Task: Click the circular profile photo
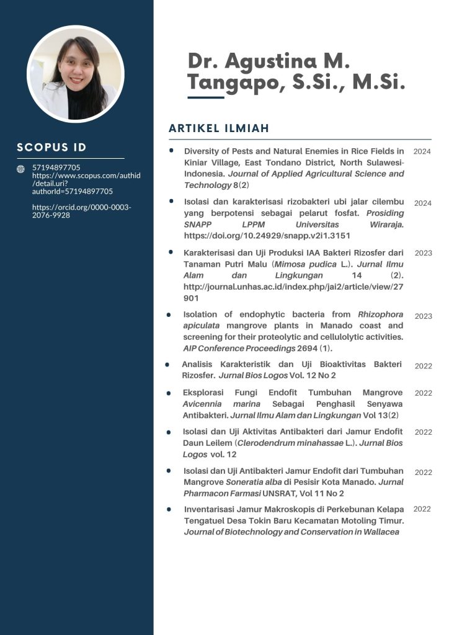[x=76, y=74]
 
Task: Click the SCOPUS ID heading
[x=51, y=148]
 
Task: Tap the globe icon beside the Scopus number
[x=20, y=169]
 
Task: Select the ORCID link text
[x=81, y=211]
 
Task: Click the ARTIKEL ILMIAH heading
[x=218, y=128]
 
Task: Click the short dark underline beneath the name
[x=205, y=97]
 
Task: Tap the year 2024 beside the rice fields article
[x=422, y=151]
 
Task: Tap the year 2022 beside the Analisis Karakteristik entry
[x=423, y=366]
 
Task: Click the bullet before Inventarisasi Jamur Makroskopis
[x=169, y=509]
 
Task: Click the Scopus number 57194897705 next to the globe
[x=56, y=167]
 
